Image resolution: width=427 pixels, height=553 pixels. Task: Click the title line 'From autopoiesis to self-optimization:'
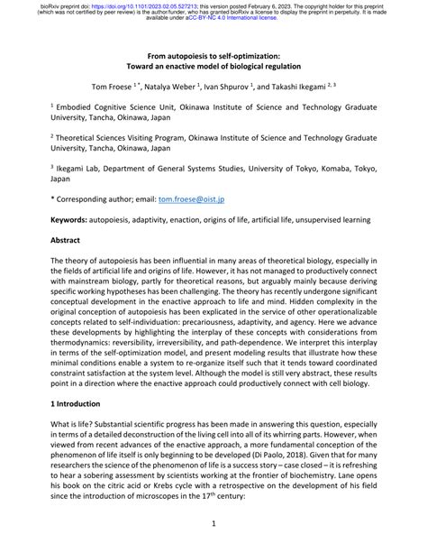pos(213,56)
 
